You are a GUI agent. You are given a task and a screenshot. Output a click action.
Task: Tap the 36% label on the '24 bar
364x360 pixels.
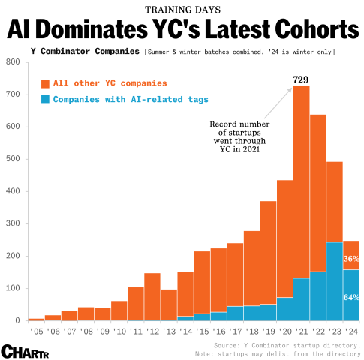tap(351, 258)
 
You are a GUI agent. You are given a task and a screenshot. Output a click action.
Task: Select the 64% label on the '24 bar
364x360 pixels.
tap(351, 298)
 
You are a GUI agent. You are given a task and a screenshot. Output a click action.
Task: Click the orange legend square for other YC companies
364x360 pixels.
tap(46, 83)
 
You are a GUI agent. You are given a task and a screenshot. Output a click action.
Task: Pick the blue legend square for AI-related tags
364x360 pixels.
tap(46, 99)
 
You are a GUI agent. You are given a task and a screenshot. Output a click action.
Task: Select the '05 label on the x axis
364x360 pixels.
tap(36, 330)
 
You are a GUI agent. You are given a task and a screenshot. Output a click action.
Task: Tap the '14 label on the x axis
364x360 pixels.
tap(185, 330)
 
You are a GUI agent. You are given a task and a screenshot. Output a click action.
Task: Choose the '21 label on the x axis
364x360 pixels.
tap(301, 330)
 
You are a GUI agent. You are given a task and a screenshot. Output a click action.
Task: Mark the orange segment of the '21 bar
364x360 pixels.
tap(301, 180)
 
